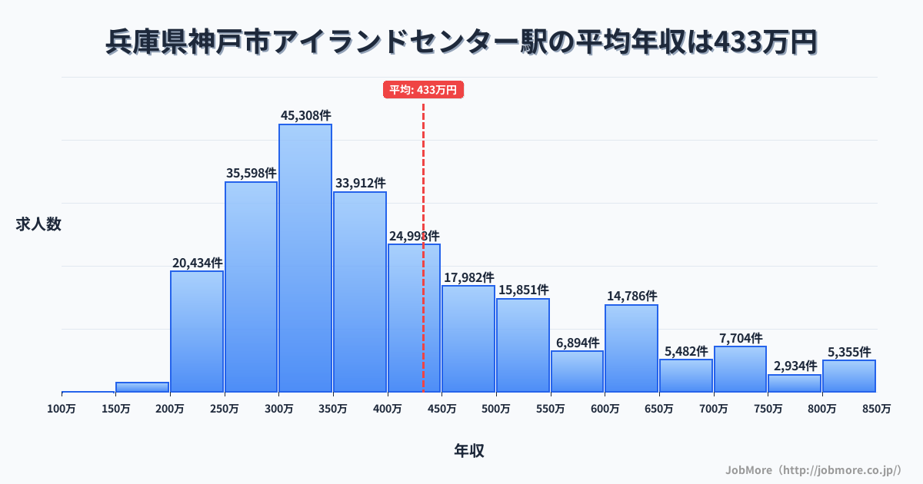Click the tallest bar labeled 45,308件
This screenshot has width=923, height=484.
[305, 258]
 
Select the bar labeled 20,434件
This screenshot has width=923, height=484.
[197, 331]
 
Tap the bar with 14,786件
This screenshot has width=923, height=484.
[631, 348]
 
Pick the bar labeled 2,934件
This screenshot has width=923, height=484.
[795, 383]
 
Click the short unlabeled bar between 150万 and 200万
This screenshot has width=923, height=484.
[142, 387]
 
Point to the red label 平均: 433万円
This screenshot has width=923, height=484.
[423, 90]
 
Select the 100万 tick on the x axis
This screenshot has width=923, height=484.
[62, 409]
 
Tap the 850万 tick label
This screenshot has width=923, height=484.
[876, 409]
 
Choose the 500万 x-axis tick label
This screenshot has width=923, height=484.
[496, 409]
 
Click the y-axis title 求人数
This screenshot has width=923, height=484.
[38, 224]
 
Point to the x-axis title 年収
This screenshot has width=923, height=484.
[468, 451]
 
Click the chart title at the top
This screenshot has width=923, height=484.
[461, 42]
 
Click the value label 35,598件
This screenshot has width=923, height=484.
[252, 173]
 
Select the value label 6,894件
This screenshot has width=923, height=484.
[578, 343]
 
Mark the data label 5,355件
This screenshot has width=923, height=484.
[849, 352]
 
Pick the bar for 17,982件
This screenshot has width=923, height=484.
[468, 339]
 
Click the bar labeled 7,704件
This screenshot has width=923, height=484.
[740, 369]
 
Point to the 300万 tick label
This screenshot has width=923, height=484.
[278, 409]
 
